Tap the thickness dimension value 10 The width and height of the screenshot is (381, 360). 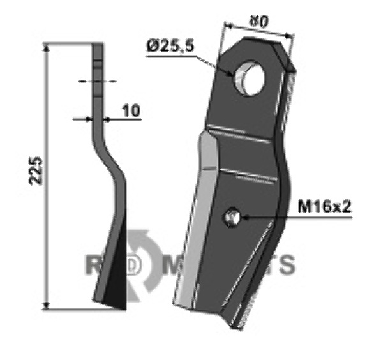point(130,110)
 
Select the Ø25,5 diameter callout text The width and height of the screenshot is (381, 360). point(170,47)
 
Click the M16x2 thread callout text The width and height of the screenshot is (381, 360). point(325,207)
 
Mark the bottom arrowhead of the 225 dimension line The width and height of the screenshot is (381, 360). point(48,304)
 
